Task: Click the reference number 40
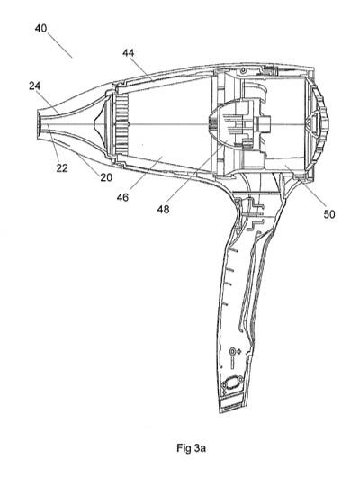(40, 28)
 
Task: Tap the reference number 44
(129, 53)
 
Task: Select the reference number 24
(35, 86)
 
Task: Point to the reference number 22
(62, 168)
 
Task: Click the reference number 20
(106, 177)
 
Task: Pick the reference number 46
(122, 197)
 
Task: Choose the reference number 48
(164, 210)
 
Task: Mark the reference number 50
(329, 214)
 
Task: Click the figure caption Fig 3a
(191, 448)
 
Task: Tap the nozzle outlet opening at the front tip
(40, 124)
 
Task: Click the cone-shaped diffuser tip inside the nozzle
(98, 124)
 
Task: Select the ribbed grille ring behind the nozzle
(121, 124)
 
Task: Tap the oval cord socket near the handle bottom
(232, 383)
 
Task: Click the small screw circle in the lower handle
(233, 351)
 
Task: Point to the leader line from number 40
(59, 45)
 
